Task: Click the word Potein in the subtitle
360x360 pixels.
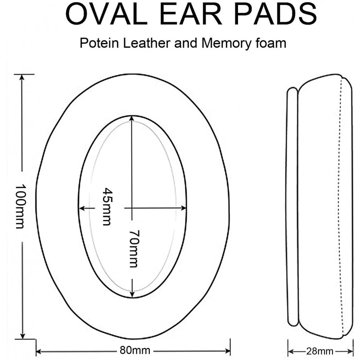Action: click(99, 43)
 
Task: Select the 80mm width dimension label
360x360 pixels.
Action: click(135, 351)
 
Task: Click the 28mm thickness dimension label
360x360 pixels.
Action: click(320, 351)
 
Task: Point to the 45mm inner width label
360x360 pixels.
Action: click(107, 207)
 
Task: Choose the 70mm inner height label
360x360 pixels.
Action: click(134, 249)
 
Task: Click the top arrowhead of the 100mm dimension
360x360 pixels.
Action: click(22, 77)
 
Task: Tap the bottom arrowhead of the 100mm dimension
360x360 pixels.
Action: click(22, 336)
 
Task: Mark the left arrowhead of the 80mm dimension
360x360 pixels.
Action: click(40, 351)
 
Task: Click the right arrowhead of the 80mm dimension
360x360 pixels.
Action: click(227, 351)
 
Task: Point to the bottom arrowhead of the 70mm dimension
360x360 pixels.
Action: click(132, 294)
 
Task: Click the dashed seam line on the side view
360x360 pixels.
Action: click(342, 207)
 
